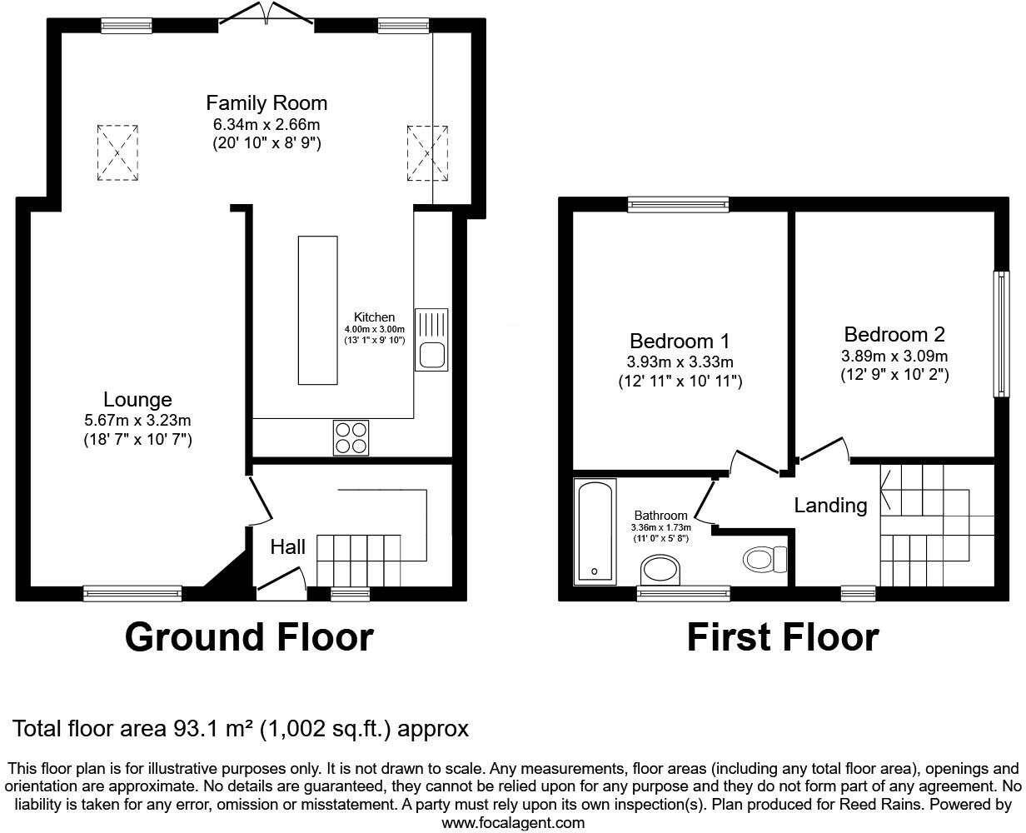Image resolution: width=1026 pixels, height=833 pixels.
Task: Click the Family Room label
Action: coord(266,103)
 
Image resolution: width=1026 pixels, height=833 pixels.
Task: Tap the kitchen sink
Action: coord(431,339)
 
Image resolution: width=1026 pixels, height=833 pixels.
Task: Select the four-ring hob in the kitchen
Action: coord(351,438)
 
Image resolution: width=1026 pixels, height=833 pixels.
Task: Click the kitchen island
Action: coord(318,310)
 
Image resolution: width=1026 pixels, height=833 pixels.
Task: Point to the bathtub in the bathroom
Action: coord(595,531)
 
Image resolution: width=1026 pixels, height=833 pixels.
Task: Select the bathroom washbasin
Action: coord(661,571)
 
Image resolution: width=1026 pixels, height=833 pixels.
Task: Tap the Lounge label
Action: coord(137,400)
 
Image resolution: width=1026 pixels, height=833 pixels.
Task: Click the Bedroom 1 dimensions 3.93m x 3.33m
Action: coord(680,362)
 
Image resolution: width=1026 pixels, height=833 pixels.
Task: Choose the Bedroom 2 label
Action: coord(894,335)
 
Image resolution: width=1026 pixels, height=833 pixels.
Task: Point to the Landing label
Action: coord(830,506)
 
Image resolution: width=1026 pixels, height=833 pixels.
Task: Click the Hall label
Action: coord(288,547)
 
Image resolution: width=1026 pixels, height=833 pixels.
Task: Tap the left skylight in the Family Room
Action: coord(117,152)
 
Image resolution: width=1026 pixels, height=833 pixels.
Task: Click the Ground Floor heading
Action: coord(249,637)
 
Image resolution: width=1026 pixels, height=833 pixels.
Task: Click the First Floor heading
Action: coord(782,637)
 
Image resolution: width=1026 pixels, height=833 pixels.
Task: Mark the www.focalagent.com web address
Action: coord(512,823)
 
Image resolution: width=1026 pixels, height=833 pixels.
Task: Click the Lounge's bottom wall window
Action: coord(132,593)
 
